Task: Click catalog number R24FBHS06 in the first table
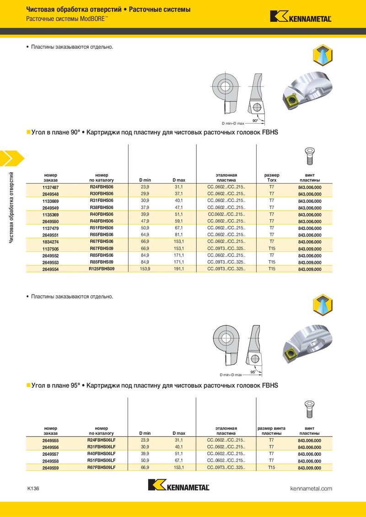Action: (x=102, y=187)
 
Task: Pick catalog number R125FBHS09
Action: (x=102, y=269)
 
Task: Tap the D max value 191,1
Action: (x=178, y=269)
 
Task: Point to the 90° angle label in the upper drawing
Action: (x=255, y=121)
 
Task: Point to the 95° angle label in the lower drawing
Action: (x=253, y=372)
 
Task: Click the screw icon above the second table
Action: (x=309, y=409)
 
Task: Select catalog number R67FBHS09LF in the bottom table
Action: (x=102, y=467)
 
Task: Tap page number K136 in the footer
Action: (x=33, y=488)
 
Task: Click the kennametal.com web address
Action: (x=311, y=488)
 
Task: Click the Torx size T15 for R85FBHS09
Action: (x=271, y=262)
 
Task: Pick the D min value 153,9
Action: (x=145, y=269)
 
